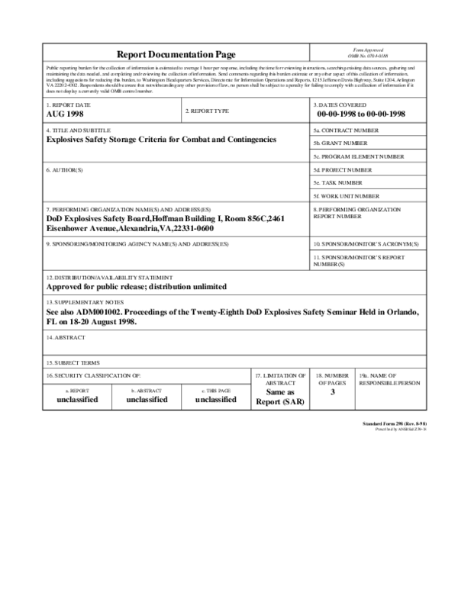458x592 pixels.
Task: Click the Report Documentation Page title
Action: tap(176, 54)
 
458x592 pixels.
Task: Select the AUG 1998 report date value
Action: tap(66, 114)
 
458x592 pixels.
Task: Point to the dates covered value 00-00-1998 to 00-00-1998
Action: tap(361, 114)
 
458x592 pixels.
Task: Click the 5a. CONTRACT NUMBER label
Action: tap(346, 130)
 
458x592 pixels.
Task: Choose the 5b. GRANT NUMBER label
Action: tap(340, 143)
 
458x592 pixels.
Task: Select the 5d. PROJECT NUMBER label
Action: tap(343, 169)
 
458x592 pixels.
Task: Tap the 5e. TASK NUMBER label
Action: tap(338, 182)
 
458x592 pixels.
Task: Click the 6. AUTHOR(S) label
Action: tap(65, 169)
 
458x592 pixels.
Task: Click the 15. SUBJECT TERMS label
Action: tap(73, 362)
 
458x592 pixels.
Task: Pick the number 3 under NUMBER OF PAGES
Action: tap(332, 392)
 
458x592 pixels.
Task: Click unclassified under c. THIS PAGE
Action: tap(215, 399)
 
